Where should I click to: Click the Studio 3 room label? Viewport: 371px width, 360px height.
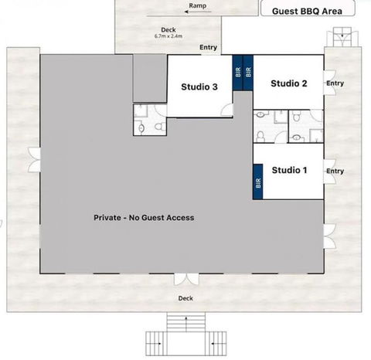click(199, 87)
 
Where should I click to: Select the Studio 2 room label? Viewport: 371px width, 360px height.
click(290, 83)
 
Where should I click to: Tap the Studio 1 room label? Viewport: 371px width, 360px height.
click(290, 169)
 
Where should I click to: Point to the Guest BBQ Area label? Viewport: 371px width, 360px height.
click(308, 11)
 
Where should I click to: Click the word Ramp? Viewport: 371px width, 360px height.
click(197, 5)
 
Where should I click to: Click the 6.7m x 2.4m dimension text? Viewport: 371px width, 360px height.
click(169, 36)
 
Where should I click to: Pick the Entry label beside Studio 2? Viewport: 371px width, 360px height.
click(335, 83)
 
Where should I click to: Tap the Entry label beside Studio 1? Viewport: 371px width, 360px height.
click(335, 171)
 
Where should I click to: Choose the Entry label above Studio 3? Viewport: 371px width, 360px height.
click(208, 47)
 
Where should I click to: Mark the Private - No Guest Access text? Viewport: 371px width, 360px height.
click(144, 217)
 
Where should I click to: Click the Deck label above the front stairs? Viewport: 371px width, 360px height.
click(185, 298)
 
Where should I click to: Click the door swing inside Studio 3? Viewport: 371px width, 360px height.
click(225, 108)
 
